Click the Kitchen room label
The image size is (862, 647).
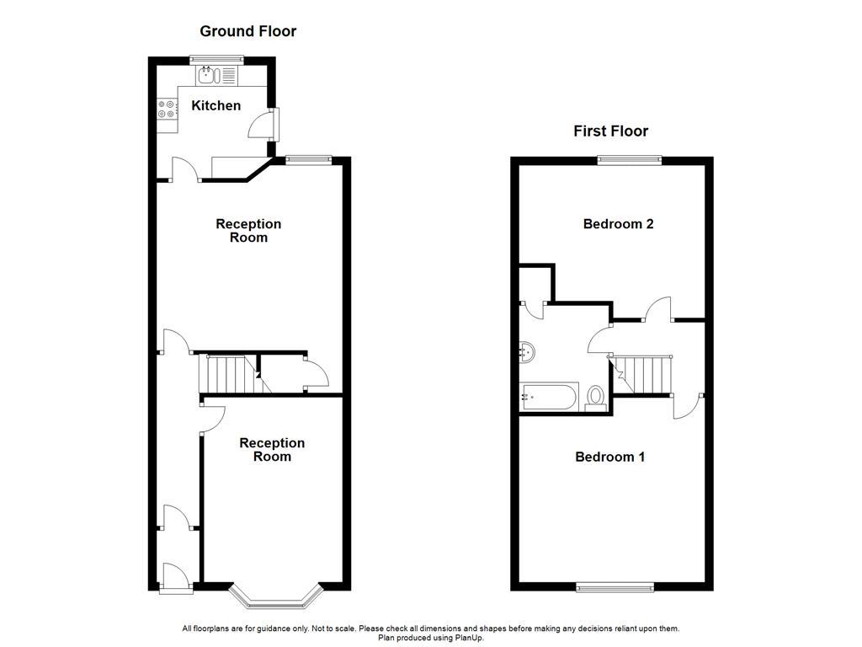pyautogui.click(x=216, y=106)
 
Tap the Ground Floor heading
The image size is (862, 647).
pyautogui.click(x=247, y=32)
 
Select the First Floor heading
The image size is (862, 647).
pyautogui.click(x=610, y=131)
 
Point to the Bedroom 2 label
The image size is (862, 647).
pyautogui.click(x=618, y=224)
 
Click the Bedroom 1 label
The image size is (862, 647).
pyautogui.click(x=609, y=457)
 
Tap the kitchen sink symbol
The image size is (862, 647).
pyautogui.click(x=208, y=76)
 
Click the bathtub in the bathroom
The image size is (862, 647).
pyautogui.click(x=550, y=397)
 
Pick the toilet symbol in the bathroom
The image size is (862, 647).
pyautogui.click(x=597, y=398)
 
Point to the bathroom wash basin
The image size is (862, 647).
pyautogui.click(x=528, y=351)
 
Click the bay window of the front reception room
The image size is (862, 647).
pyautogui.click(x=276, y=596)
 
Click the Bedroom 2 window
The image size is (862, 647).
pyautogui.click(x=629, y=160)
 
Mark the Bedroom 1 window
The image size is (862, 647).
pyautogui.click(x=615, y=586)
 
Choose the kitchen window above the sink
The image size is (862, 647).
pyautogui.click(x=216, y=59)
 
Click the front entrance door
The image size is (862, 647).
pyautogui.click(x=176, y=578)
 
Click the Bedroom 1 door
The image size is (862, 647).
pyautogui.click(x=687, y=405)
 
